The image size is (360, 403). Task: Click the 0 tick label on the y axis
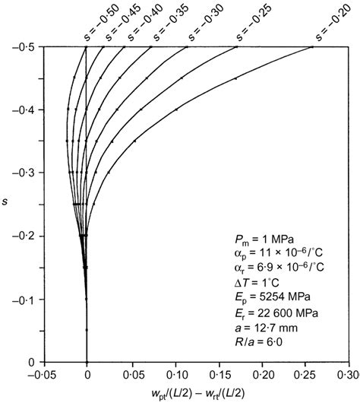[31, 362]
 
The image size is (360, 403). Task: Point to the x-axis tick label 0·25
[305, 375]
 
